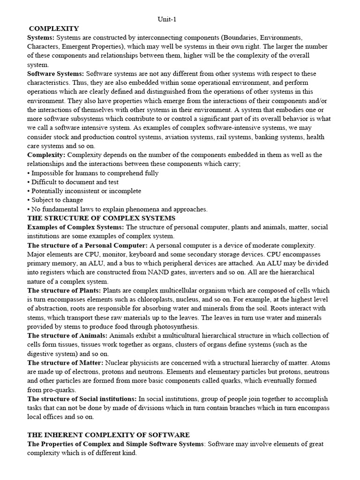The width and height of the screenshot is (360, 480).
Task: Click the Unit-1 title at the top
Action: coord(167,19)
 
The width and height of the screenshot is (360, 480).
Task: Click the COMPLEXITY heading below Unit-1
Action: coord(54,29)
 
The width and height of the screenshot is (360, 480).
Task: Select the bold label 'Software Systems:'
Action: coord(56,74)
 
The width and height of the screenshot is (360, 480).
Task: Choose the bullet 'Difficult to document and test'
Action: coord(73,182)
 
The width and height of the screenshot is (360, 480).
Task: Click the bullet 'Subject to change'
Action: coord(55,200)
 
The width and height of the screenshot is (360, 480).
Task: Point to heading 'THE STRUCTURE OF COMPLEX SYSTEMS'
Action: coord(101,218)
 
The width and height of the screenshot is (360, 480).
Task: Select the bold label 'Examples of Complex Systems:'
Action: coord(75,227)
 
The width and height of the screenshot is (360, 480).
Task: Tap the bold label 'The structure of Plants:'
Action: coord(64,291)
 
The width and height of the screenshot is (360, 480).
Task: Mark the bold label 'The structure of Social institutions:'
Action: coord(82,399)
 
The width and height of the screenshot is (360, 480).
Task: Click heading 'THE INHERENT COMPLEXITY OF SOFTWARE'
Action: coord(108,435)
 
